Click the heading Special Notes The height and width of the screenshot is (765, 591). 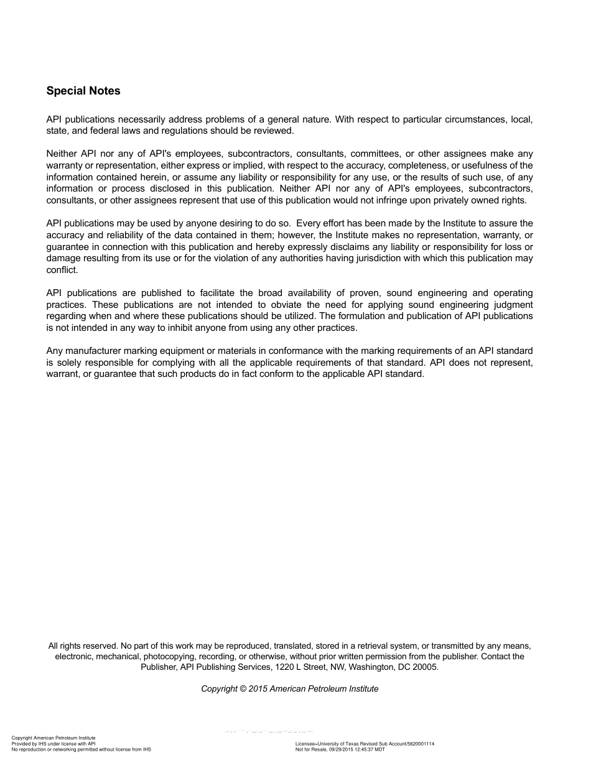pyautogui.click(x=83, y=91)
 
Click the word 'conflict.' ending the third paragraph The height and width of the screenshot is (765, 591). pyautogui.click(x=62, y=270)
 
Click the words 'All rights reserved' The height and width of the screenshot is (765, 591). pyautogui.click(x=83, y=646)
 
